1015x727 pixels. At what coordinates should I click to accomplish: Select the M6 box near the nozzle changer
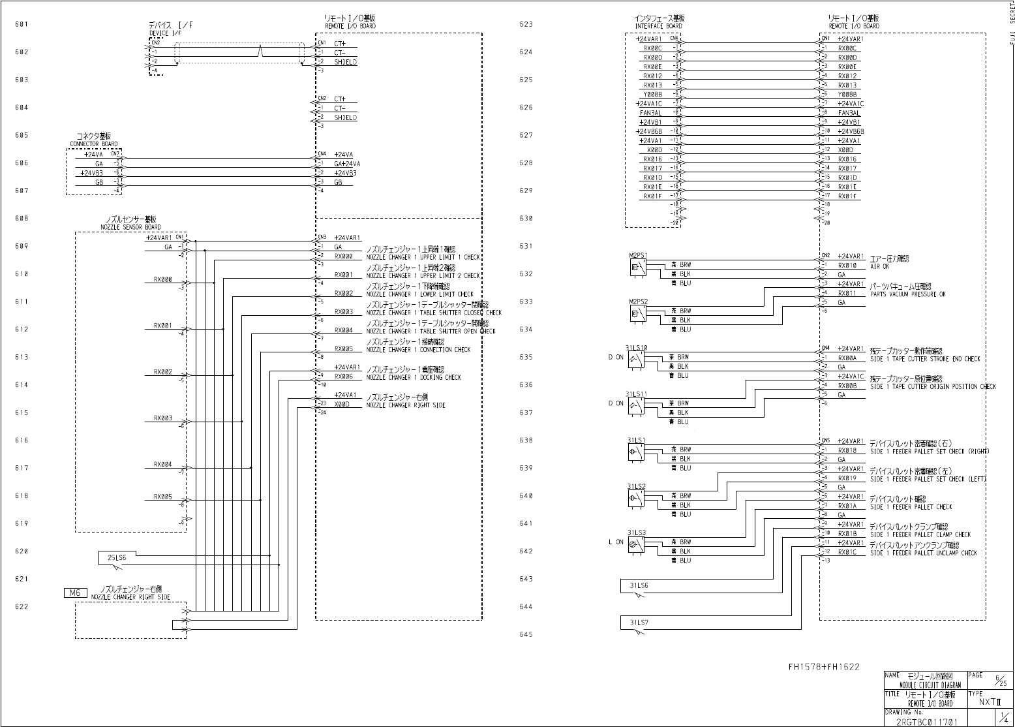(75, 593)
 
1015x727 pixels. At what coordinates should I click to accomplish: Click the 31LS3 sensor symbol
(636, 546)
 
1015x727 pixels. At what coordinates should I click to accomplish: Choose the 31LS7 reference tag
(639, 623)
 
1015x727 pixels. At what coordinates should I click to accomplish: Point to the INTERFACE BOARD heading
(659, 22)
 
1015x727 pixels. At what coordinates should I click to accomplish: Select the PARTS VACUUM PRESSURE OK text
(907, 294)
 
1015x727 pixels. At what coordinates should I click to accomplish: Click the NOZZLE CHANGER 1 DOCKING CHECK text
(413, 377)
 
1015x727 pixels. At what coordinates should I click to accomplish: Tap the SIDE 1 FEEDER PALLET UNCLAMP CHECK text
(924, 553)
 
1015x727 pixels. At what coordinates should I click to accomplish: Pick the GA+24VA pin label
(347, 164)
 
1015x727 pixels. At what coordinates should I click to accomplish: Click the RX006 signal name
(343, 377)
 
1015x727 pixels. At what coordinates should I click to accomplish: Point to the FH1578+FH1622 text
(823, 667)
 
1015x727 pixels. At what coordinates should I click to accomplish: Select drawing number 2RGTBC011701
(927, 722)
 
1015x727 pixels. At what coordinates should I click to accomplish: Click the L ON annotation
(615, 542)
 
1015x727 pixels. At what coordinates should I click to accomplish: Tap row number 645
(526, 634)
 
